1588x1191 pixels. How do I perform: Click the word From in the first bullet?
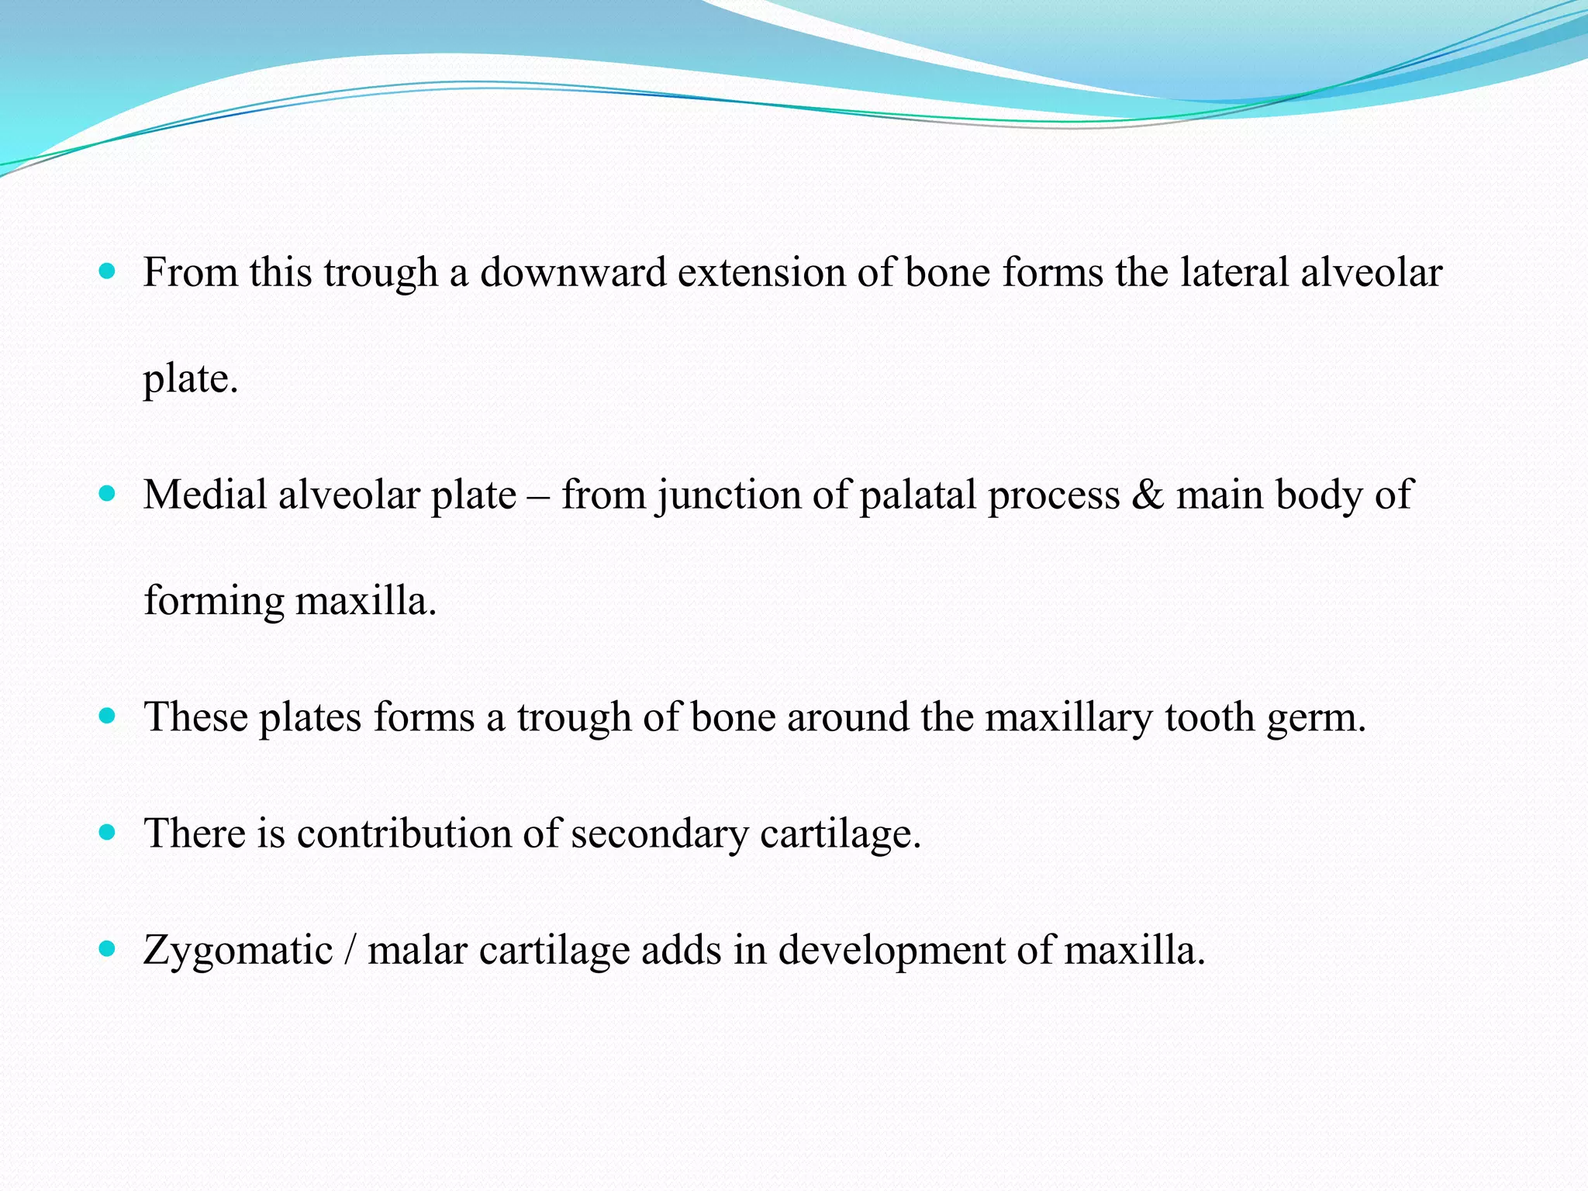pyautogui.click(x=190, y=273)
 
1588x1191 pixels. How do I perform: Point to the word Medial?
pyautogui.click(x=205, y=495)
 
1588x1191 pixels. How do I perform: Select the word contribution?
pyautogui.click(x=403, y=834)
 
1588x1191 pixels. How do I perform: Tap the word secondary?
pyautogui.click(x=659, y=835)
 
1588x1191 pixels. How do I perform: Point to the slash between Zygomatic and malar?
pyautogui.click(x=350, y=950)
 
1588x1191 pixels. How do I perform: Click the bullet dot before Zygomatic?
pyautogui.click(x=108, y=948)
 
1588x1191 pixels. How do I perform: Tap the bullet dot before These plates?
pyautogui.click(x=108, y=716)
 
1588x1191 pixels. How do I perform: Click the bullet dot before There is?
pyautogui.click(x=108, y=833)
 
